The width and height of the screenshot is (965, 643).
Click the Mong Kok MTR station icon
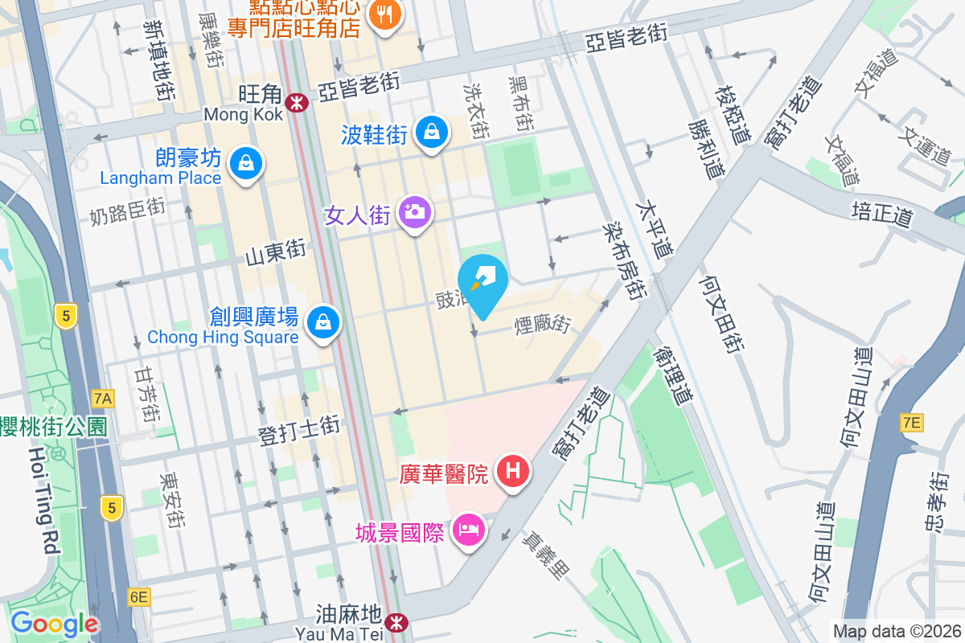pyautogui.click(x=297, y=102)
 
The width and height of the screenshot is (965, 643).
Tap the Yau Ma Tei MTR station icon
pyautogui.click(x=396, y=621)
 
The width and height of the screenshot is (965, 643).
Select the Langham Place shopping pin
pyautogui.click(x=245, y=163)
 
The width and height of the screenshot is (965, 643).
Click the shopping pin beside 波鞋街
pyautogui.click(x=432, y=130)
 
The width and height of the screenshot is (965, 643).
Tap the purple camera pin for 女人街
pyautogui.click(x=415, y=213)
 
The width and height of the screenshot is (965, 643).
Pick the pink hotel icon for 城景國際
pyautogui.click(x=468, y=529)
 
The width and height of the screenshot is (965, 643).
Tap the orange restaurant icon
pyautogui.click(x=385, y=14)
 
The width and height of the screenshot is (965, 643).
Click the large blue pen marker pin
pyautogui.click(x=482, y=282)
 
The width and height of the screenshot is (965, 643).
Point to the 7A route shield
pyautogui.click(x=103, y=397)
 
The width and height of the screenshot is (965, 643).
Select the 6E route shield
pyautogui.click(x=138, y=596)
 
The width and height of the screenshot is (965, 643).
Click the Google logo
pyautogui.click(x=54, y=624)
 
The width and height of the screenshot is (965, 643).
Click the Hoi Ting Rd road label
pyautogui.click(x=45, y=498)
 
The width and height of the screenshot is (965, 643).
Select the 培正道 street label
pyautogui.click(x=882, y=213)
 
